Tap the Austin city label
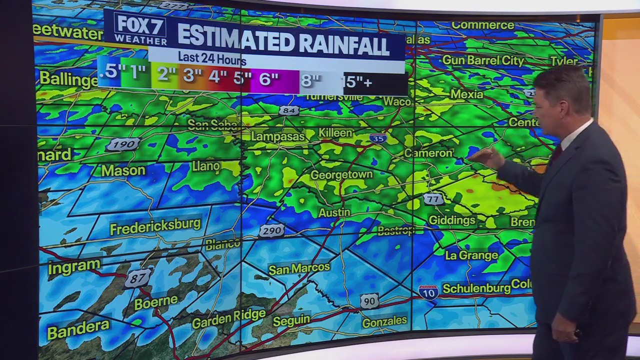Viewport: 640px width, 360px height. [334, 212]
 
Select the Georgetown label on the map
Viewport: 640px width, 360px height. [341, 174]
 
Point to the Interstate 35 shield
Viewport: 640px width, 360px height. [378, 138]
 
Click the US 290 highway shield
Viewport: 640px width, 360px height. [272, 230]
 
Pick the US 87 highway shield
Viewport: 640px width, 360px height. [137, 278]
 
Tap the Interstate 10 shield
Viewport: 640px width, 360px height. [428, 292]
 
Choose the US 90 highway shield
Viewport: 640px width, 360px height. [369, 301]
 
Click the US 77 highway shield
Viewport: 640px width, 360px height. [433, 199]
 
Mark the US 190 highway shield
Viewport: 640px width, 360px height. [122, 144]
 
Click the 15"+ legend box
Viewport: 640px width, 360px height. [358, 81]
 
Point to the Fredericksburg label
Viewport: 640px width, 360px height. [155, 226]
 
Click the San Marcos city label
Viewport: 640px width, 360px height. [299, 268]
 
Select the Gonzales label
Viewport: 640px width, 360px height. [384, 322]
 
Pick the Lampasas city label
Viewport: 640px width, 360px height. [277, 136]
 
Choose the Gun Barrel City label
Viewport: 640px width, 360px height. [482, 61]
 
